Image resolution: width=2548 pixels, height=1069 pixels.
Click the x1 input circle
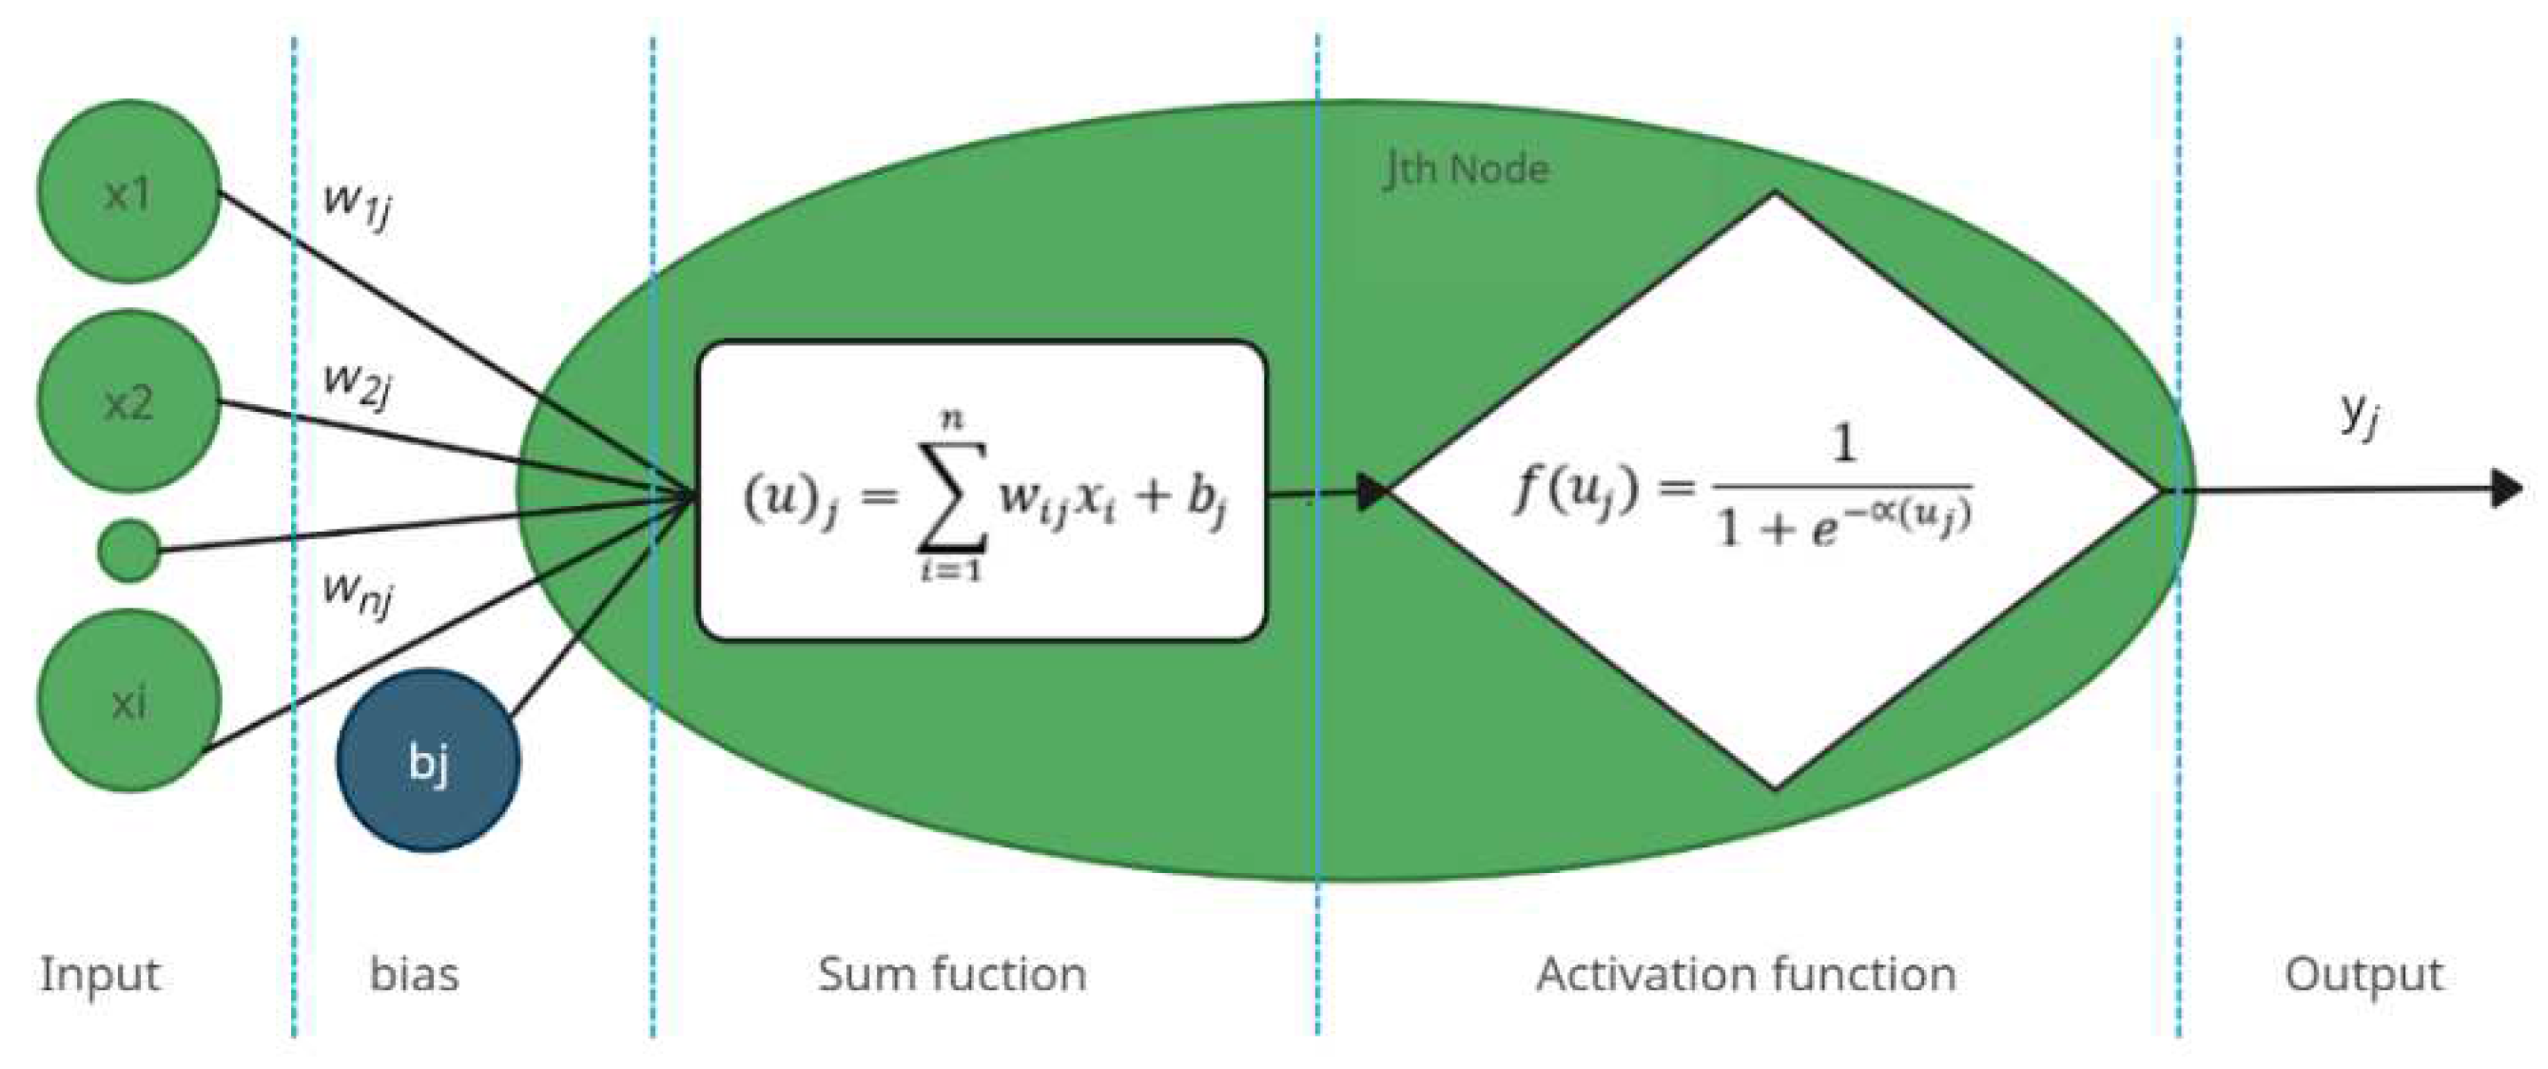point(127,192)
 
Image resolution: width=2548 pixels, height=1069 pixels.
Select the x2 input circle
point(127,401)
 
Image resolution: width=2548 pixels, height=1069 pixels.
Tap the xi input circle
point(127,701)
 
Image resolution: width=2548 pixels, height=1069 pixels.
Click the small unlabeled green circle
point(129,551)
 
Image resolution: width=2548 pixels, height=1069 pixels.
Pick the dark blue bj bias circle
point(428,762)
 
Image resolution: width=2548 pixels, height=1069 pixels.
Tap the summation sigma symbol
point(951,495)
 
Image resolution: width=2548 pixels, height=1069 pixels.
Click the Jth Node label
point(1466,170)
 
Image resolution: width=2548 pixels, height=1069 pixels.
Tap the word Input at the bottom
point(100,975)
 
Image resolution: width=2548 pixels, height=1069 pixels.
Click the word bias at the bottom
point(415,975)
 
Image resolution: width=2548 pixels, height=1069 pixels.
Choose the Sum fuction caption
point(951,975)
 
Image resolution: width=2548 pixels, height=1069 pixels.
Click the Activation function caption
point(1746,975)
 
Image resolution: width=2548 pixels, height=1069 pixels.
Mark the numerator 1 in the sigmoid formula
point(1842,445)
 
